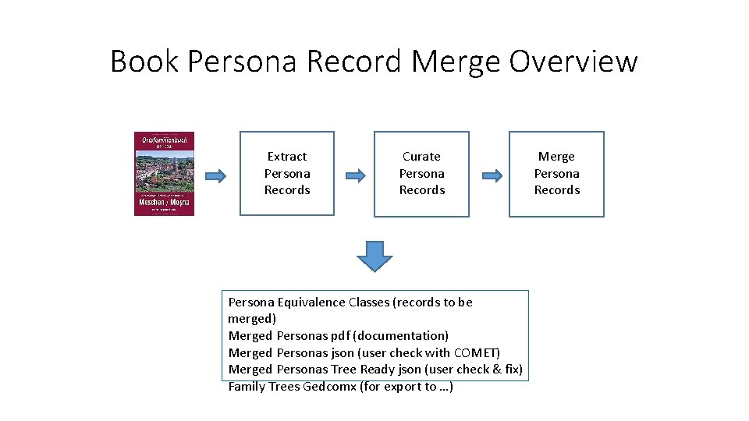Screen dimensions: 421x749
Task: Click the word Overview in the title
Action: pos(573,61)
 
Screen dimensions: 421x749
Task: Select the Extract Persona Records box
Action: pos(286,173)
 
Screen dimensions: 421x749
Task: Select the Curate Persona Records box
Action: pos(421,173)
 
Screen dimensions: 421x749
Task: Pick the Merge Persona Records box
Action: pos(556,173)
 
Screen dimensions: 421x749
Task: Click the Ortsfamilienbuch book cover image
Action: pos(164,173)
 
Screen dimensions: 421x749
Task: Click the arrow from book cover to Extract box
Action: pos(215,175)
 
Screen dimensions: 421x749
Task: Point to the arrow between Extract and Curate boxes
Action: pos(354,175)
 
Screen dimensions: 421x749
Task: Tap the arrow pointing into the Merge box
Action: pos(490,175)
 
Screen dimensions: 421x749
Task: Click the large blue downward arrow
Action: pos(375,256)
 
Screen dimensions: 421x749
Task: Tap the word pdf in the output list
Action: pos(339,336)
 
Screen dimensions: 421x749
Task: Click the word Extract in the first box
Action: pos(286,157)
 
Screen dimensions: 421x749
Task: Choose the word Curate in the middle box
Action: pos(421,157)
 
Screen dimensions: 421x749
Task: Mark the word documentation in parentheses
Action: pos(401,336)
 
